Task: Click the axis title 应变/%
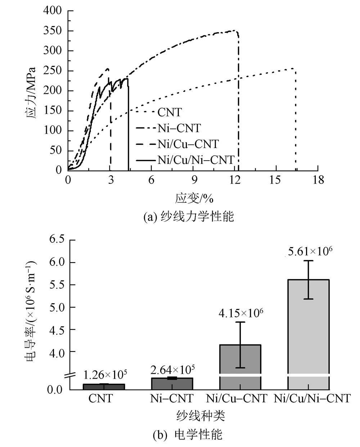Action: (192, 197)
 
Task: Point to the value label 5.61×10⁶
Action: (309, 251)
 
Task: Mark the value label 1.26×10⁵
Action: (105, 374)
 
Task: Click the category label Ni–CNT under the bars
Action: (172, 398)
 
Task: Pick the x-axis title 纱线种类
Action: (201, 416)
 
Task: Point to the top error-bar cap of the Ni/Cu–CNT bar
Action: (240, 322)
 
